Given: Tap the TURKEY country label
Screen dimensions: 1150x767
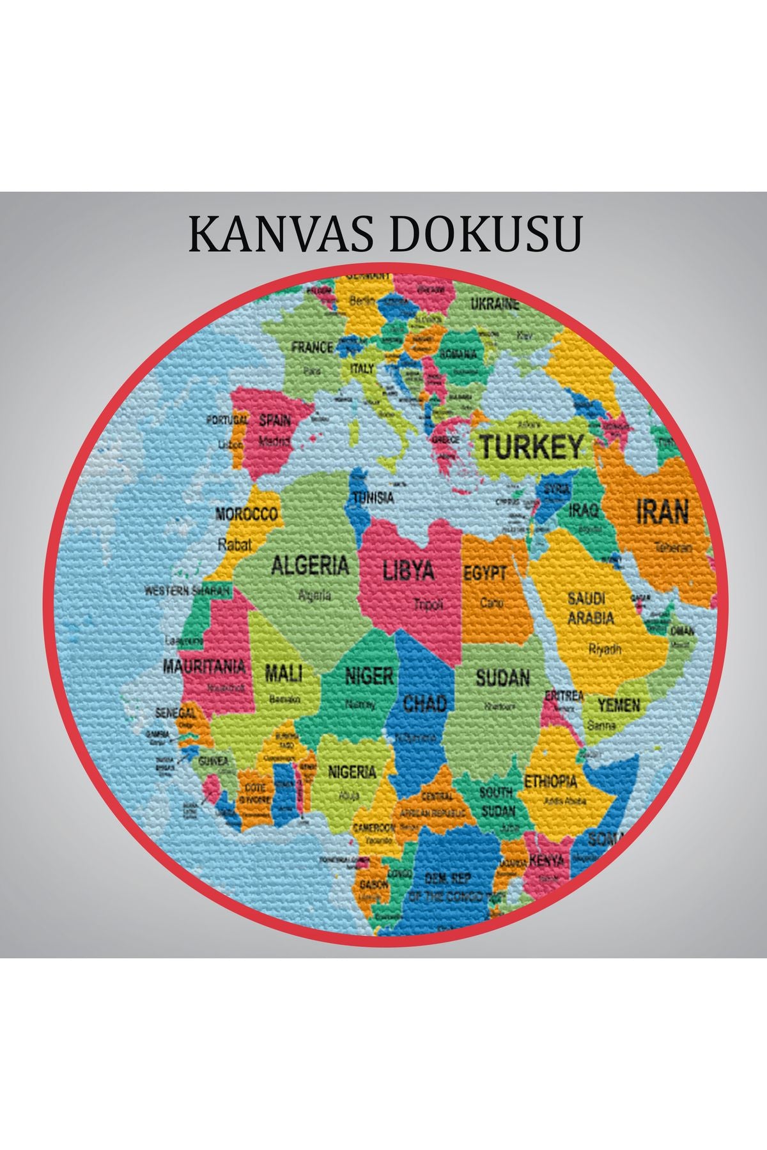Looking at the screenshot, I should pyautogui.click(x=531, y=447).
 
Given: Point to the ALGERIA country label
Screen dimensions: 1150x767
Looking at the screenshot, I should pyautogui.click(x=311, y=565).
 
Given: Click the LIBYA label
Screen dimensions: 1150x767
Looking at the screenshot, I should pyautogui.click(x=408, y=570).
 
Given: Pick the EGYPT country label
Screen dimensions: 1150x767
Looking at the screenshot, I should pyautogui.click(x=485, y=573).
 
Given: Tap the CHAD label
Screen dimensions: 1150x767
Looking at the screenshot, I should pyautogui.click(x=425, y=703).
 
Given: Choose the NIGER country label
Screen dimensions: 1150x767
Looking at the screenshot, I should pyautogui.click(x=369, y=676).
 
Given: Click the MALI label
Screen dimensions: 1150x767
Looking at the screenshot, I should pyautogui.click(x=284, y=672).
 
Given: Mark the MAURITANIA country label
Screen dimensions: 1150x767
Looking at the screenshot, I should pyautogui.click(x=204, y=666).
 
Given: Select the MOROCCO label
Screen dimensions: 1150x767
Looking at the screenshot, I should pyautogui.click(x=247, y=514).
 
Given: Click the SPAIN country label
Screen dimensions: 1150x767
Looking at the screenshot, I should pyautogui.click(x=275, y=420).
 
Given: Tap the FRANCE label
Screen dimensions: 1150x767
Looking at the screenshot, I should pyautogui.click(x=313, y=348).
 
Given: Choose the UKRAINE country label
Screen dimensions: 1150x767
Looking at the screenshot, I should pyautogui.click(x=495, y=305).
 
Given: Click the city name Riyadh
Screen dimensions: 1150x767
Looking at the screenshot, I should pyautogui.click(x=605, y=649).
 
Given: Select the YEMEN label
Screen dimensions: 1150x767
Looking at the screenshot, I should pyautogui.click(x=619, y=705).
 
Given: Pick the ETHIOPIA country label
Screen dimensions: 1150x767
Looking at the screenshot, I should pyautogui.click(x=550, y=781).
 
